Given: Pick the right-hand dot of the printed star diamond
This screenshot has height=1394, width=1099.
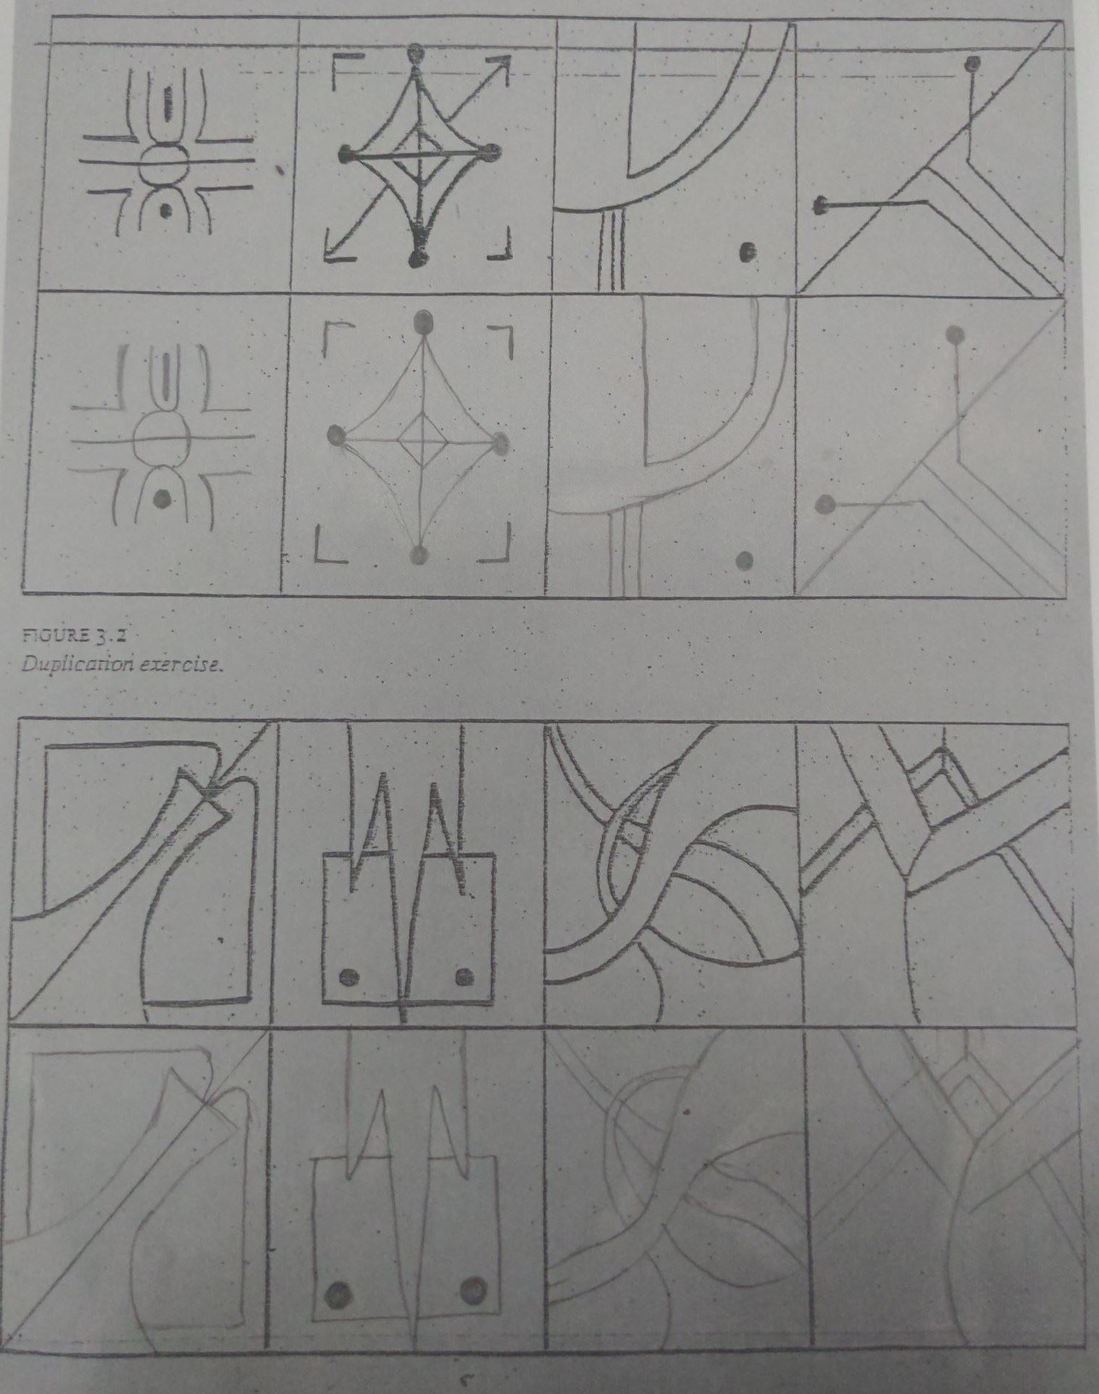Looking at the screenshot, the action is click(494, 152).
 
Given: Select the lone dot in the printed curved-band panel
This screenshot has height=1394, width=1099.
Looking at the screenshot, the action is click(745, 253).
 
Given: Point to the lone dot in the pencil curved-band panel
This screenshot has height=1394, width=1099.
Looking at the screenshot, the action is click(744, 560).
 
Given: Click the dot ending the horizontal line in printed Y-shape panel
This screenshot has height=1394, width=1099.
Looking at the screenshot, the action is click(821, 207).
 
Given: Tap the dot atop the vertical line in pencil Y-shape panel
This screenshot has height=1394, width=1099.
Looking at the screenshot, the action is click(957, 333).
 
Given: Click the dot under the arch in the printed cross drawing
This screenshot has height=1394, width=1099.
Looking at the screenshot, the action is click(166, 211).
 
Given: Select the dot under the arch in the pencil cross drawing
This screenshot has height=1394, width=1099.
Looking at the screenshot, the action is click(163, 498).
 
